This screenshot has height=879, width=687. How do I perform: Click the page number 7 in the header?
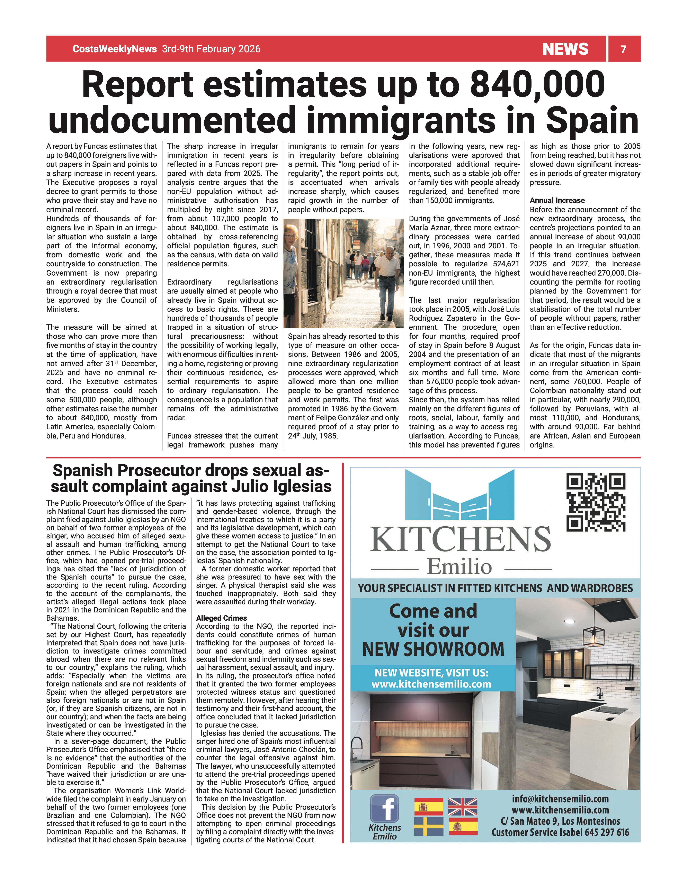point(623,49)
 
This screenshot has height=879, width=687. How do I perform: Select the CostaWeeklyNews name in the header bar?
point(114,49)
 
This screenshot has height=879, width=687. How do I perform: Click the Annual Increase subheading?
point(557,200)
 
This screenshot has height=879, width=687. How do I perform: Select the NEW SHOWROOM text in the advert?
point(433,649)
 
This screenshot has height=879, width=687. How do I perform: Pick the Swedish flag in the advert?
point(428,826)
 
